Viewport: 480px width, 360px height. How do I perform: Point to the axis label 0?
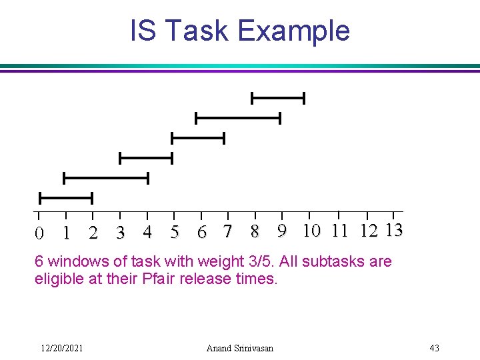pos(39,233)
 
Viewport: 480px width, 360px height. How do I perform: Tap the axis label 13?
pos(393,231)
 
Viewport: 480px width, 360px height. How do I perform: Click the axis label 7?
pos(228,232)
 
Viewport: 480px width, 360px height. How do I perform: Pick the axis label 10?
pos(311,231)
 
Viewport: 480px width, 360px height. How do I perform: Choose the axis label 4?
pos(147,232)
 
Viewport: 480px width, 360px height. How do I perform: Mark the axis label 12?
pos(368,231)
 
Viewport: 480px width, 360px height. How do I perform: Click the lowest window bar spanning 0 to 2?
pos(65,198)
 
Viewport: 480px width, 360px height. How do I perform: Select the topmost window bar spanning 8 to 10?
pos(277,99)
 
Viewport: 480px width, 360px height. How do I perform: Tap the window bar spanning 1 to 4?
pos(105,178)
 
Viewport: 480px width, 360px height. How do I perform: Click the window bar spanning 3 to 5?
pos(145,158)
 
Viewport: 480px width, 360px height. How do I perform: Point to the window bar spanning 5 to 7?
pos(198,138)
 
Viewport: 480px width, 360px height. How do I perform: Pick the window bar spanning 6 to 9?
pos(238,118)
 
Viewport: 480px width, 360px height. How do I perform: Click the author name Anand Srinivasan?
pos(239,348)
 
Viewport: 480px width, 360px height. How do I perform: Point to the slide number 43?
pos(434,348)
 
